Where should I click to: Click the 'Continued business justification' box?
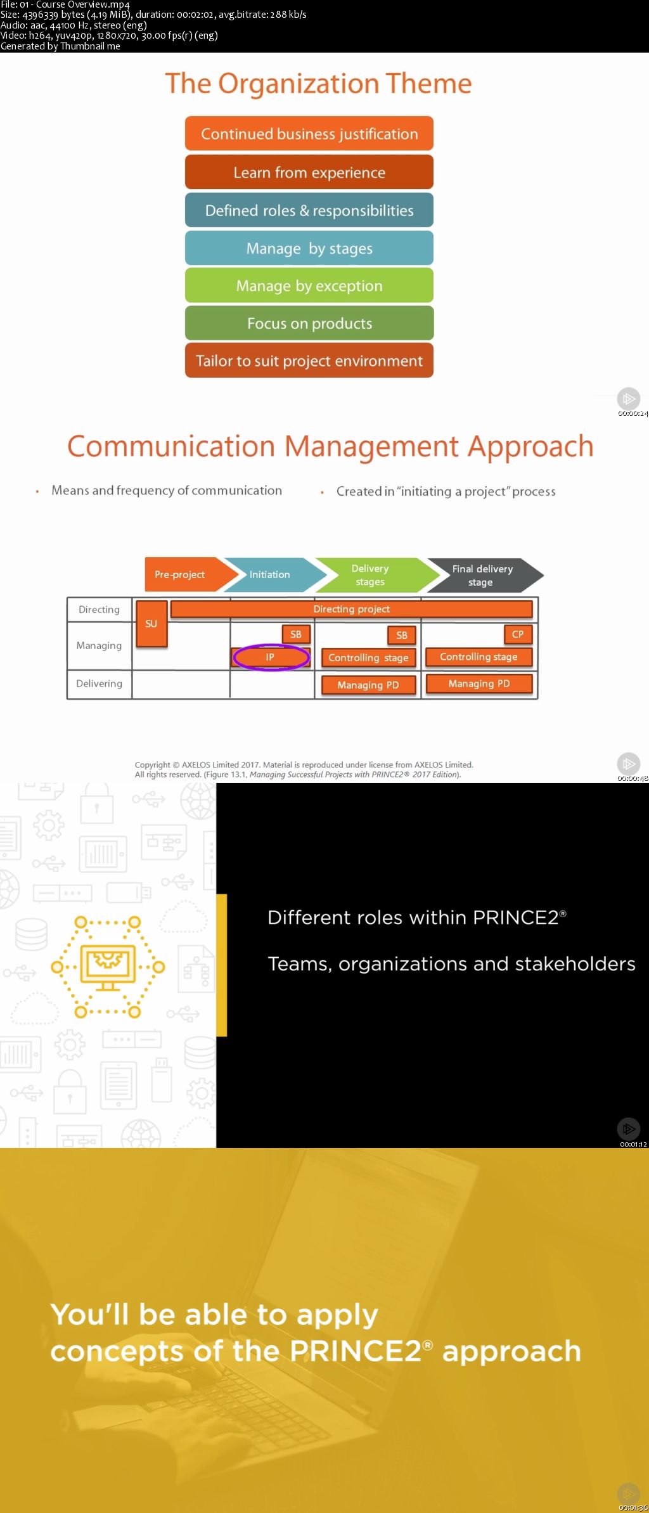[x=309, y=134]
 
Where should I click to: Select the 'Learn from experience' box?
[x=309, y=172]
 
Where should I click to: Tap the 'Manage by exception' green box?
[x=309, y=286]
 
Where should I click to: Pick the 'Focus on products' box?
[x=309, y=323]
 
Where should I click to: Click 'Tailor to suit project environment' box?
[x=309, y=361]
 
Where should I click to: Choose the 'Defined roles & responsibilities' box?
[x=309, y=210]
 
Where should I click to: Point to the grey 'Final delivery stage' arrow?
[x=482, y=575]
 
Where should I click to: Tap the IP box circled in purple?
[x=271, y=657]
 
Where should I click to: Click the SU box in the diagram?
[x=151, y=624]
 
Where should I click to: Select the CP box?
[x=518, y=634]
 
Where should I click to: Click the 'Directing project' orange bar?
[x=352, y=609]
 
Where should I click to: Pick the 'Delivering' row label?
[x=99, y=683]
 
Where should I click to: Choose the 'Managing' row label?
[x=99, y=645]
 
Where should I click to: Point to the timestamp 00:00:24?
[x=633, y=414]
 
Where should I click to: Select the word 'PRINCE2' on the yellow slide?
[x=356, y=1351]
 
